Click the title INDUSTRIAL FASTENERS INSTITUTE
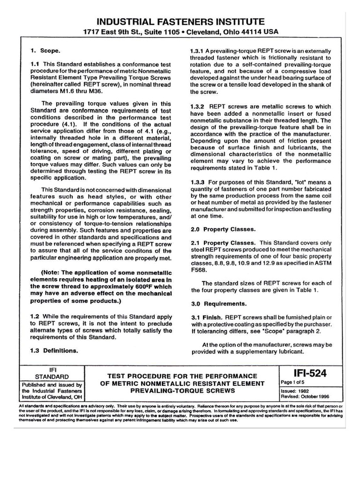[180, 22]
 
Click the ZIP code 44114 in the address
[252, 32]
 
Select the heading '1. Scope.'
[45, 50]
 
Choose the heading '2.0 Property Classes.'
[223, 229]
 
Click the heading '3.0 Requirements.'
[218, 303]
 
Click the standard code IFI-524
[310, 373]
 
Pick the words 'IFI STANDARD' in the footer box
[52, 373]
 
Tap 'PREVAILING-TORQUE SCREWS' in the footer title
[182, 390]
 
